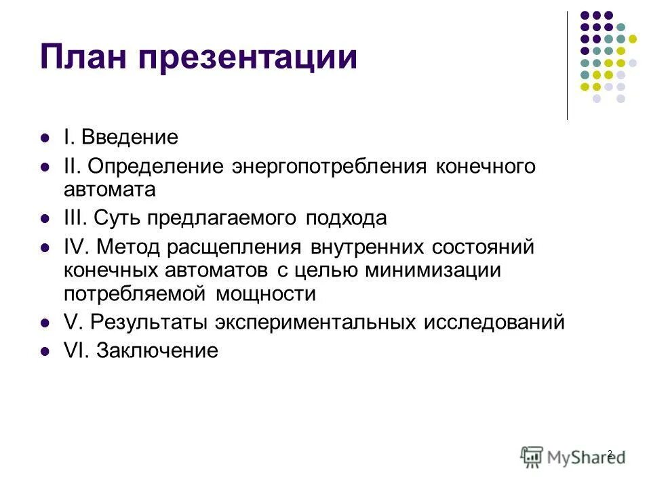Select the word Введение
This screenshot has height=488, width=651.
[130, 138]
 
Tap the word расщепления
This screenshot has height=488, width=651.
[237, 248]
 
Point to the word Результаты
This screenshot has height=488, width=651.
[150, 323]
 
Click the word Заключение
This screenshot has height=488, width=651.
[157, 350]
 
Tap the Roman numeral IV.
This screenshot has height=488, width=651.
[76, 247]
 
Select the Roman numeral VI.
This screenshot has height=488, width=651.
[76, 350]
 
